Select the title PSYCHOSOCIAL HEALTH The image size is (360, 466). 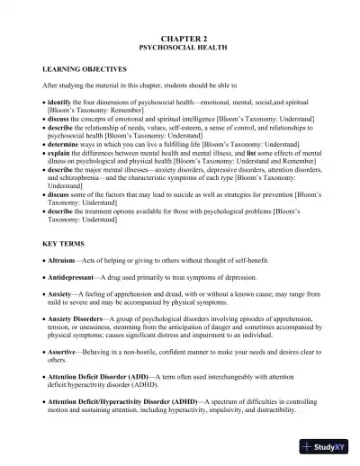(x=181, y=42)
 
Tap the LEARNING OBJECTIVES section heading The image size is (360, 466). (x=85, y=68)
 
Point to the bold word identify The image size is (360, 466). (x=62, y=103)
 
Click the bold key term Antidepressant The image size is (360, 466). (x=75, y=277)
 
